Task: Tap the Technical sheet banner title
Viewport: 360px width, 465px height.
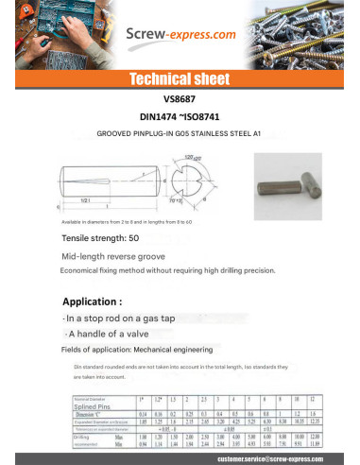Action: [x=180, y=79]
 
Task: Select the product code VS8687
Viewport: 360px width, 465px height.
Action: [x=179, y=97]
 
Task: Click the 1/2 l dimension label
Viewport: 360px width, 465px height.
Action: [x=85, y=199]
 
